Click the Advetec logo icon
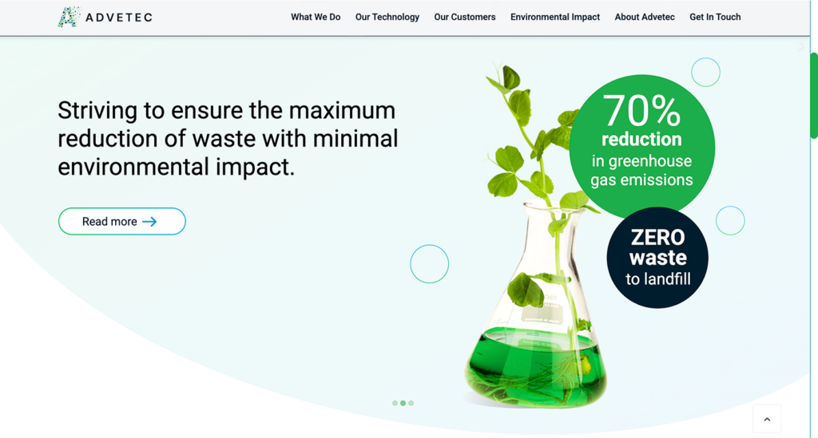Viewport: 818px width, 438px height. click(69, 18)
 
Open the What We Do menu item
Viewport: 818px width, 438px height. click(316, 18)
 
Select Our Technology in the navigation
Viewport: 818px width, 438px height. click(387, 18)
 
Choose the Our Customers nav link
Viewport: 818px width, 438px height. click(465, 18)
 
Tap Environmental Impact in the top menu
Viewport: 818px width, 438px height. click(555, 18)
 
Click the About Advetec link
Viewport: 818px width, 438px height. click(645, 18)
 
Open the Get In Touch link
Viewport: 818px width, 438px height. click(715, 18)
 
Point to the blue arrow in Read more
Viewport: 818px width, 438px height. click(149, 222)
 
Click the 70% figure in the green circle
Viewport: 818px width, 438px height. click(641, 110)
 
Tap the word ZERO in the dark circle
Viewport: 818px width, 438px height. click(657, 238)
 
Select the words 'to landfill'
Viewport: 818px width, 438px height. click(658, 279)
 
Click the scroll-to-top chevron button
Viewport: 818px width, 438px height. click(767, 419)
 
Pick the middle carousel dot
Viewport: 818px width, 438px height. click(403, 403)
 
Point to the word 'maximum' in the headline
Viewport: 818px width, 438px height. click(342, 110)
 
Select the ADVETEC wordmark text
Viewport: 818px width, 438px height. click(119, 18)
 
